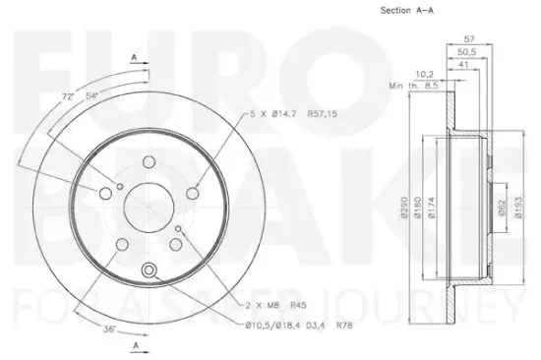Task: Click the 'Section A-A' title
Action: point(407,11)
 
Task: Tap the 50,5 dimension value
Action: point(468,53)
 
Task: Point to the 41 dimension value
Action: point(462,65)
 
